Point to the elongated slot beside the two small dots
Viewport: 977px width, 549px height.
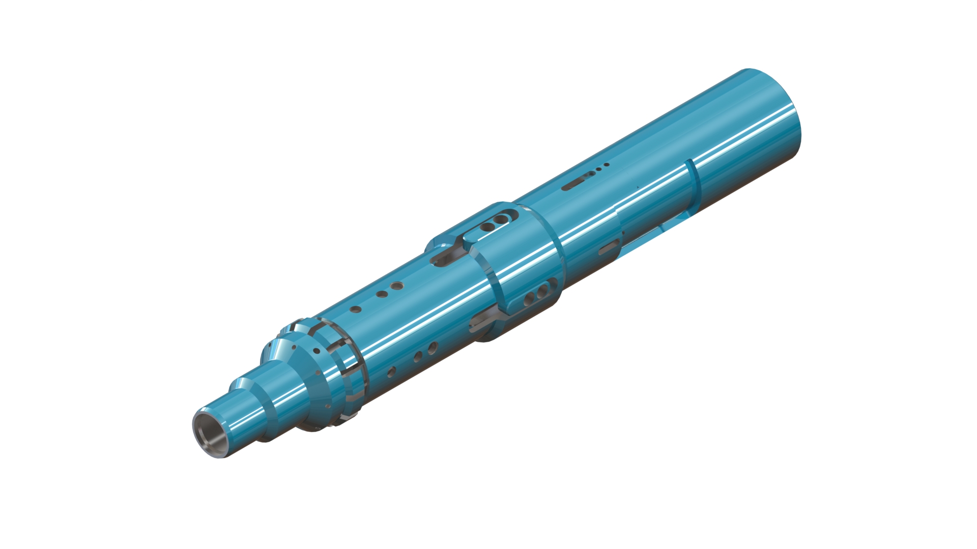[578, 180]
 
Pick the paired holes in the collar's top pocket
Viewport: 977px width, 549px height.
[495, 223]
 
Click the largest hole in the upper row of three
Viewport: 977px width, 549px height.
[397, 286]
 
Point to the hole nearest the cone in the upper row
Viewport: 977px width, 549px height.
[356, 309]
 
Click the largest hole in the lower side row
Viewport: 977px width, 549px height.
[433, 348]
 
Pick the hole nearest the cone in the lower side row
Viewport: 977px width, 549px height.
[391, 372]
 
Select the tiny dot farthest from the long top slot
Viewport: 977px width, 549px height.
[607, 164]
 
